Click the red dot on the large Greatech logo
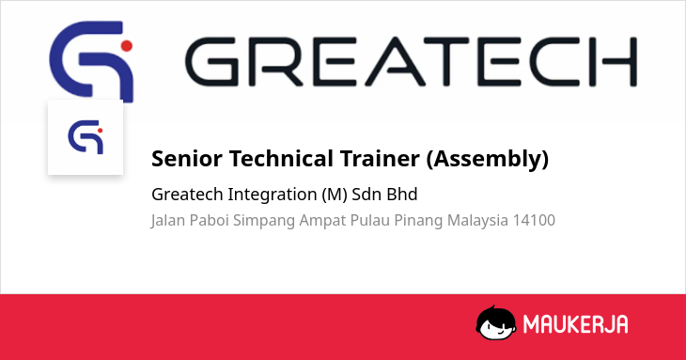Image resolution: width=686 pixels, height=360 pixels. [x=127, y=45]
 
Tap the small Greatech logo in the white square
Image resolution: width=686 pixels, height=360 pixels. [x=86, y=137]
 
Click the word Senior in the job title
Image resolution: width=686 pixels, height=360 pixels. [x=187, y=158]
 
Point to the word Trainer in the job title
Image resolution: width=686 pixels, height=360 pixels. [x=380, y=158]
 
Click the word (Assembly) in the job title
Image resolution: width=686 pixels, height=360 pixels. [x=488, y=159]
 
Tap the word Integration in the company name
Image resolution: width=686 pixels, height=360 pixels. [x=273, y=195]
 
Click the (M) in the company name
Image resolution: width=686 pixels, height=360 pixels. [x=335, y=195]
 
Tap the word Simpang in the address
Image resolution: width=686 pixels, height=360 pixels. [x=264, y=221]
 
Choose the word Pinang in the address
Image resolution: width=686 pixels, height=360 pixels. [x=418, y=221]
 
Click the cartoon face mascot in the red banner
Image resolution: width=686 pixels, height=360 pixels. [x=495, y=322]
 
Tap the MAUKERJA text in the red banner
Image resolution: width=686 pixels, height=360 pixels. [x=576, y=324]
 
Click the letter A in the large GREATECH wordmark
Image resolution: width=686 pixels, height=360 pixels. [x=395, y=61]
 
